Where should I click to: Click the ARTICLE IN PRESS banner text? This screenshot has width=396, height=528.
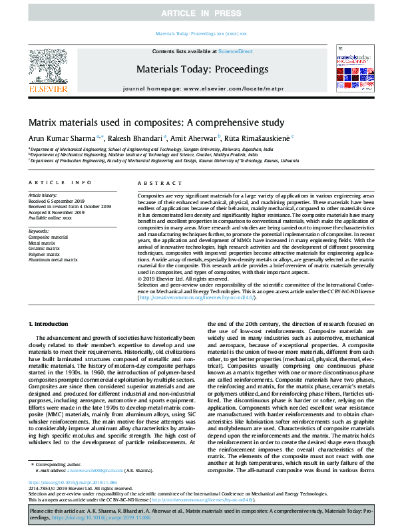(198, 13)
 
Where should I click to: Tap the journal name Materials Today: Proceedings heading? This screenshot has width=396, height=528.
(202, 69)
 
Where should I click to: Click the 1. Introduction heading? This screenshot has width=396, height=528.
(51, 323)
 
